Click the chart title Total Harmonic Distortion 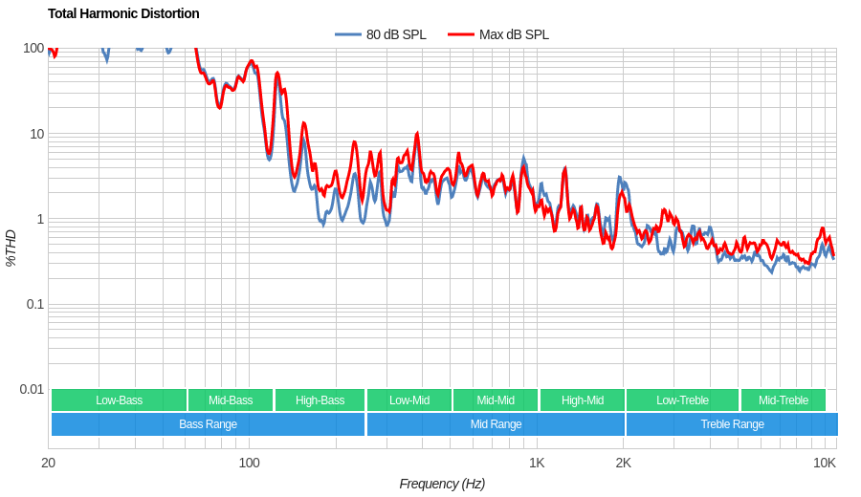point(123,13)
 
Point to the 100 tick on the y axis point(33,48)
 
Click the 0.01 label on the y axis point(32,389)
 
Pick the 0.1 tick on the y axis point(33,304)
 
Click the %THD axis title point(11,248)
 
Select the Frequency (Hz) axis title point(442,484)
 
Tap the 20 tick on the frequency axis point(48,463)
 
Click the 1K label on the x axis point(537,463)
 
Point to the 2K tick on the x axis point(623,463)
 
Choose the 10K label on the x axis point(824,463)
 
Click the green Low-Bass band point(119,400)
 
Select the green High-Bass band point(320,400)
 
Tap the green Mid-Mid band point(496,400)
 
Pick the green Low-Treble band point(682,400)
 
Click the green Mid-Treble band point(783,400)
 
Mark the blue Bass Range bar point(208,424)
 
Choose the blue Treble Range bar point(732,424)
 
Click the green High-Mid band point(582,400)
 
